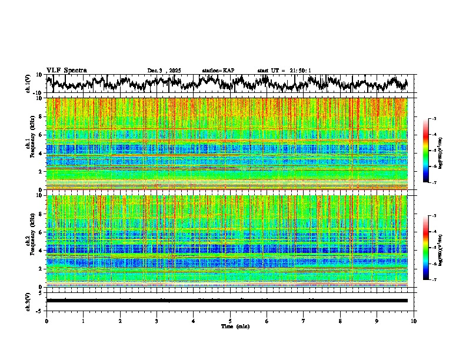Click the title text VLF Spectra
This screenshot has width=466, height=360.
(x=66, y=70)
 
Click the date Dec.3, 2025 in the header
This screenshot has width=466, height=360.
(x=164, y=71)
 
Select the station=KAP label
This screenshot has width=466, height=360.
(x=218, y=71)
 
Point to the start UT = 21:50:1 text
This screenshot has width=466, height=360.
(x=284, y=71)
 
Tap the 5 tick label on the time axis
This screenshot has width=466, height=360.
(x=230, y=321)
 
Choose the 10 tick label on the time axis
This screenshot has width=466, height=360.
(x=414, y=321)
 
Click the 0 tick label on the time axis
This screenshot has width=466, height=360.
(x=46, y=321)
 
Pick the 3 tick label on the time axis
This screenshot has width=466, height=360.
(x=157, y=321)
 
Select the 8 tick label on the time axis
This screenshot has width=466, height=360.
(x=340, y=321)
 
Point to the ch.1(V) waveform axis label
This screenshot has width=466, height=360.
(x=28, y=84)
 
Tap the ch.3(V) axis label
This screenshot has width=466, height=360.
(x=28, y=301)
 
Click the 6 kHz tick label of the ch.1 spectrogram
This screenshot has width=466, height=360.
(x=41, y=135)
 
